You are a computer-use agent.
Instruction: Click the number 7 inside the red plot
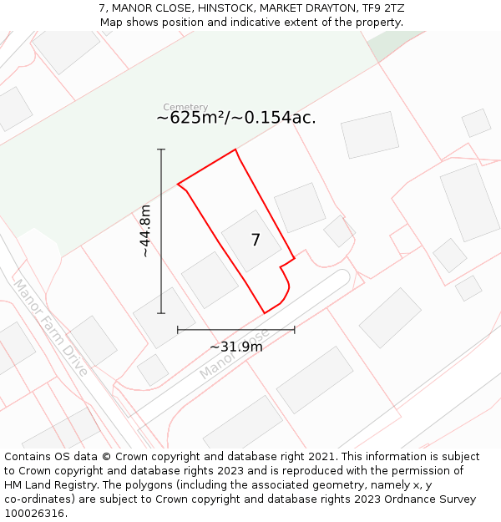click(256, 241)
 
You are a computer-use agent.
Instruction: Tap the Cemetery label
click(185, 107)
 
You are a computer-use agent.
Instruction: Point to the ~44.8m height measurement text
click(144, 231)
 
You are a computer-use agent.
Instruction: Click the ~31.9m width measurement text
click(235, 347)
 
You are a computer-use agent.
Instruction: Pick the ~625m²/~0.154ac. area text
click(236, 118)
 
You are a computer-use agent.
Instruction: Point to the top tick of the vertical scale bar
click(161, 150)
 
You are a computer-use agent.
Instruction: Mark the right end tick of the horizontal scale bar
click(295, 330)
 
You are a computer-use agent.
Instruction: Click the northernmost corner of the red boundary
click(235, 150)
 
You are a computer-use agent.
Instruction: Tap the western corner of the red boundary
click(178, 185)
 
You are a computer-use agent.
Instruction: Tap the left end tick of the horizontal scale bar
click(178, 330)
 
